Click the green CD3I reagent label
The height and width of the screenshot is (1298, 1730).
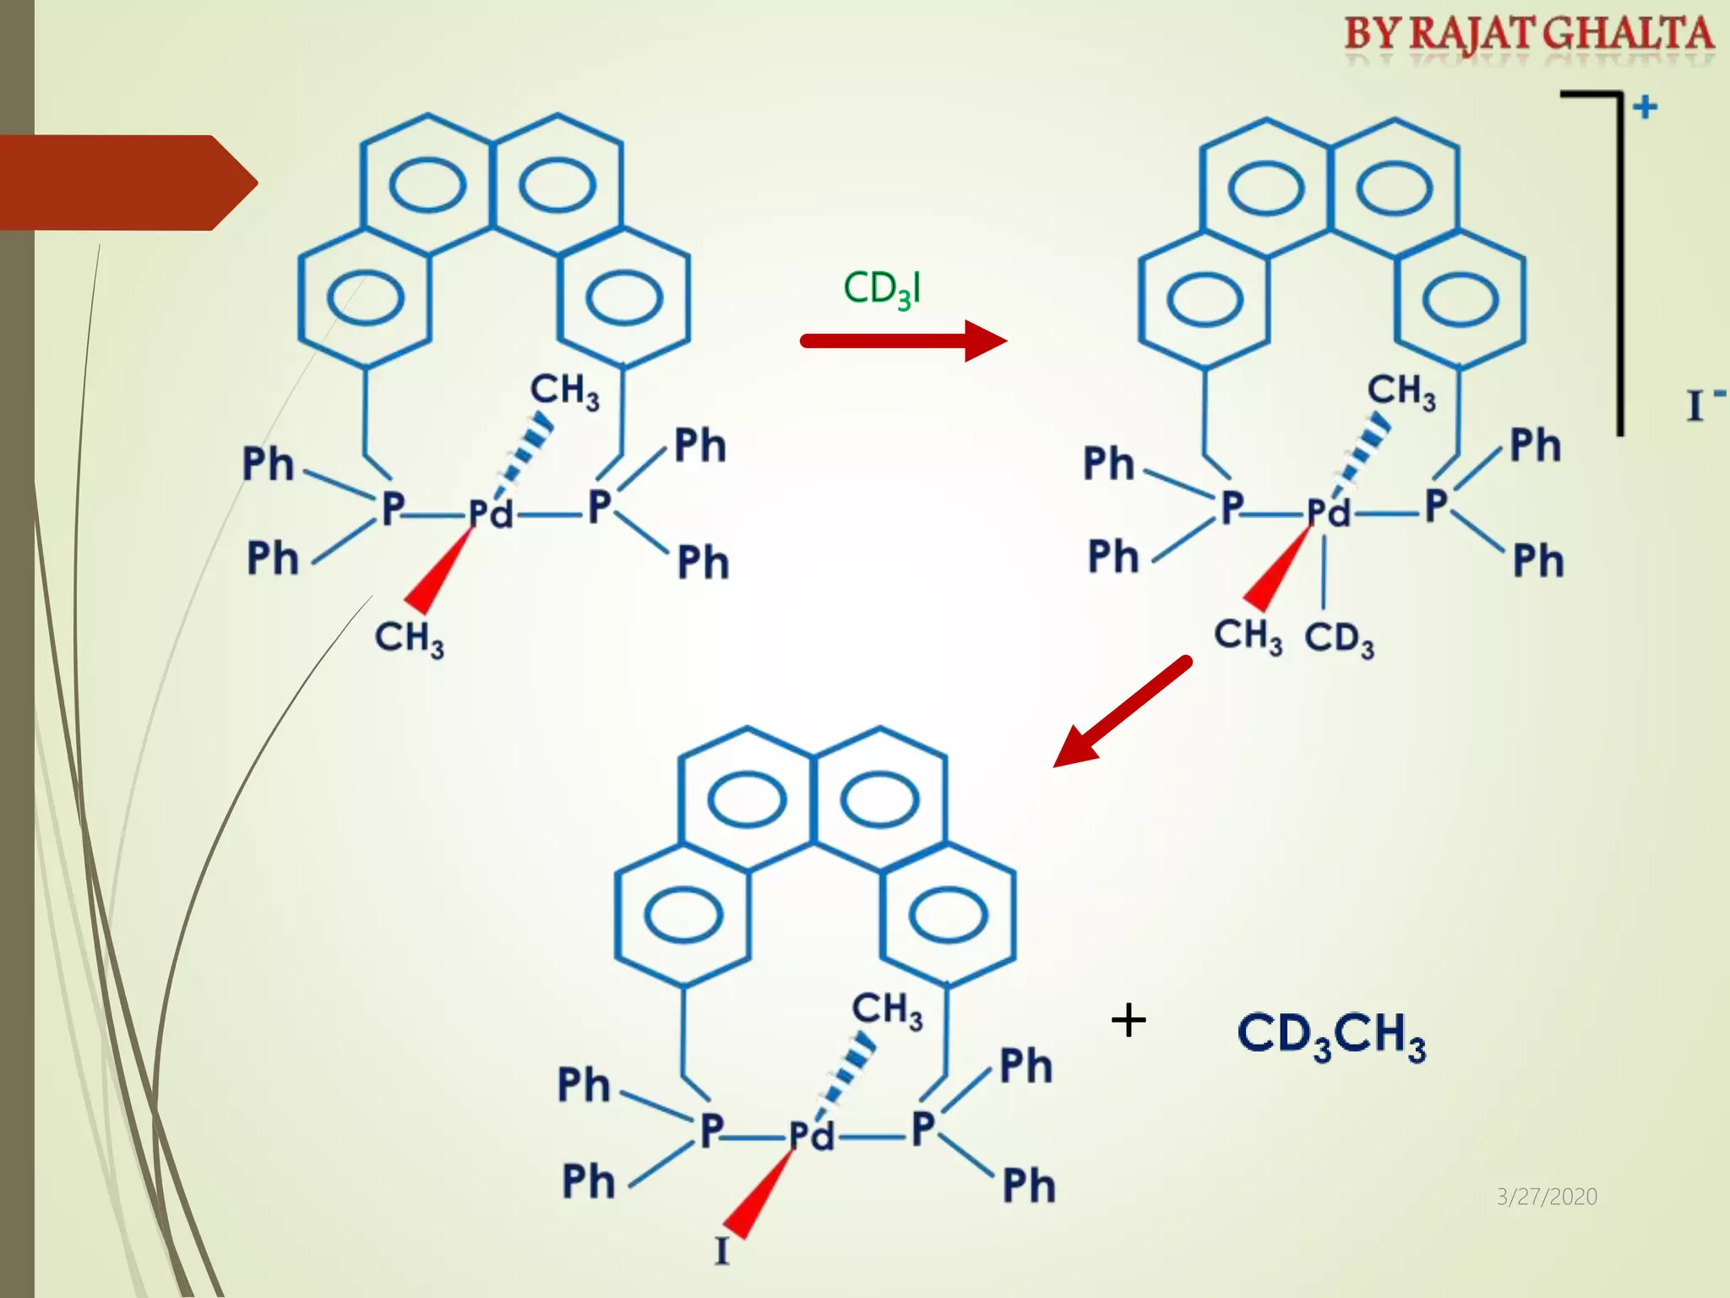tap(882, 290)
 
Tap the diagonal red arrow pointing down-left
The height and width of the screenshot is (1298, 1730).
tap(1123, 712)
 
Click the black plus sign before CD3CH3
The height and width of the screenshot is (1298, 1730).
tap(1129, 1021)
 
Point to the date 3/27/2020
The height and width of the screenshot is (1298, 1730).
tap(1547, 1197)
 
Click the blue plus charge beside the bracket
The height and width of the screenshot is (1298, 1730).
tap(1645, 107)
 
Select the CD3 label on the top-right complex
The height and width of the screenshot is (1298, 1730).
tap(1339, 639)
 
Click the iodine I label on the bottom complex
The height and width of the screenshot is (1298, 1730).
tap(721, 1251)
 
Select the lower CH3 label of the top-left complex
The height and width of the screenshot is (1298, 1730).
tap(409, 638)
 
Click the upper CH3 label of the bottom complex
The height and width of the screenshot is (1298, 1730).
tap(887, 1011)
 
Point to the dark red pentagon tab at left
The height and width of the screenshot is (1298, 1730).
tap(127, 183)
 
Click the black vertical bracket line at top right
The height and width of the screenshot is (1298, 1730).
tap(1619, 262)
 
